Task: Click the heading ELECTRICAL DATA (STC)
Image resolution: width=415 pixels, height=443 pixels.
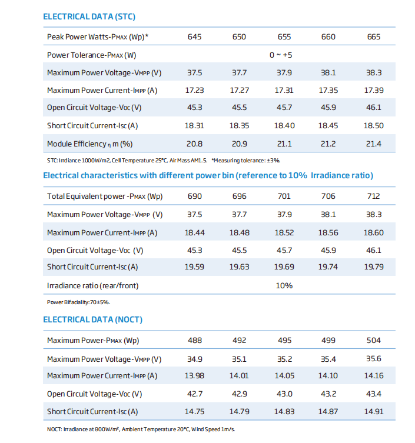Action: tap(89, 16)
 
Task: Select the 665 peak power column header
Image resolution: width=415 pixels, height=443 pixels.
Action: tap(373, 36)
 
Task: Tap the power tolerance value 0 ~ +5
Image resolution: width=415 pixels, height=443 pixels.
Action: tap(281, 55)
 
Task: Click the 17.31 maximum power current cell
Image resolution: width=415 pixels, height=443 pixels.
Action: tap(284, 91)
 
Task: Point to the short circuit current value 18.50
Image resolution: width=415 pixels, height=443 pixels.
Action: tap(373, 126)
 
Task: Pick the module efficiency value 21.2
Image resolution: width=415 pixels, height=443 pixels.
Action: tap(328, 144)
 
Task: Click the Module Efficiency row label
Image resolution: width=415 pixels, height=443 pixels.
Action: tap(89, 144)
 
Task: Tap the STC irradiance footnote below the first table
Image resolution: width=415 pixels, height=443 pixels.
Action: tap(164, 161)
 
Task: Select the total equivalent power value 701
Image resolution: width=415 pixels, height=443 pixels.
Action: tap(284, 196)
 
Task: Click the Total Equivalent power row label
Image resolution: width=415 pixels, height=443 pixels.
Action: tap(105, 196)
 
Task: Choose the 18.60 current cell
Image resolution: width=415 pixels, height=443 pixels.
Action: tap(373, 232)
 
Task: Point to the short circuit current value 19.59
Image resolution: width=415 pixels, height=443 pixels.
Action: tap(194, 267)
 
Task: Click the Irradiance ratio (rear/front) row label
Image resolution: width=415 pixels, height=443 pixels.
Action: tap(93, 286)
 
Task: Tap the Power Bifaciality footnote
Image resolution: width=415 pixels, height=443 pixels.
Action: tap(79, 302)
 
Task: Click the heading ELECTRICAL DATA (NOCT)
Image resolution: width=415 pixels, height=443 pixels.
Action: tap(93, 319)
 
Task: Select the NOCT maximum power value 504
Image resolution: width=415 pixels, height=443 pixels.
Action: tap(373, 340)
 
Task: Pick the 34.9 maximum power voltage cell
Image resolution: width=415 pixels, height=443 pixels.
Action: tap(194, 359)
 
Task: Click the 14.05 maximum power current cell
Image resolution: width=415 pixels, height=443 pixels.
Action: tap(284, 376)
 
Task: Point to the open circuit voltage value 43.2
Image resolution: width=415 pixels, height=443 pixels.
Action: tap(328, 394)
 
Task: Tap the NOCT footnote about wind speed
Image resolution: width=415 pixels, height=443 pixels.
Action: tap(141, 429)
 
